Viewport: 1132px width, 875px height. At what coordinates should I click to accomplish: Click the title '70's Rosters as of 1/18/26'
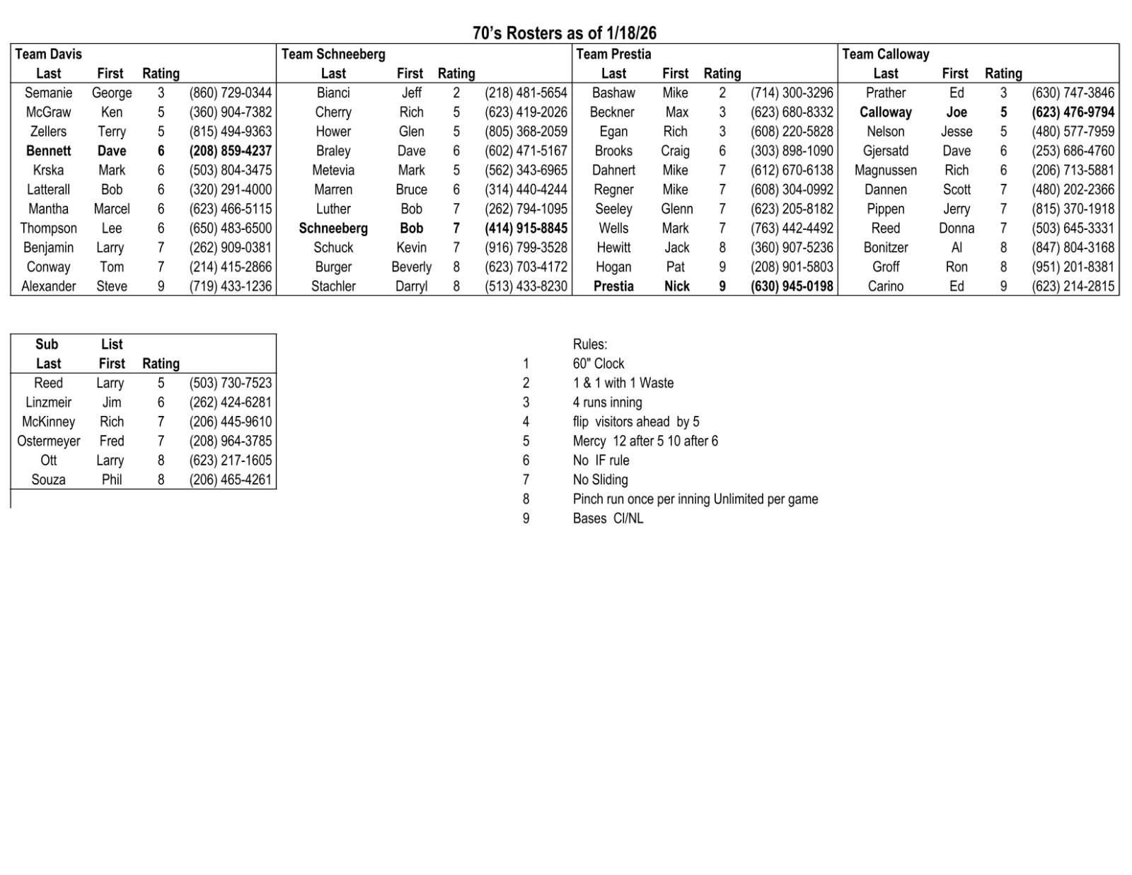565,33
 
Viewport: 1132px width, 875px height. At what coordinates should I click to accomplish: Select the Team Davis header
49,54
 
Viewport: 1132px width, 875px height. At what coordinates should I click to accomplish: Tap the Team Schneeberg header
333,54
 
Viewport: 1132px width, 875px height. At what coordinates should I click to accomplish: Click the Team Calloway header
885,54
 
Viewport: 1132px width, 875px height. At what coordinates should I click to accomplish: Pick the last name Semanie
48,93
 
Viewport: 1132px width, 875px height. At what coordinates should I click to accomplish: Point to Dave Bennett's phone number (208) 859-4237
230,151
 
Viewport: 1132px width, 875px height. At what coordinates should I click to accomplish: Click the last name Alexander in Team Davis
48,286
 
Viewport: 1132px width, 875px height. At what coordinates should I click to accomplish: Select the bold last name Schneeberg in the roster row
333,228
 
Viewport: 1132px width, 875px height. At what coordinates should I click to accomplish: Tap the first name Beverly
411,267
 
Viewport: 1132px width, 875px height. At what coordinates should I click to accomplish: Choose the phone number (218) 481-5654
526,93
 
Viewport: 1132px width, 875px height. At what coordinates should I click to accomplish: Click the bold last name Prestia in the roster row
613,286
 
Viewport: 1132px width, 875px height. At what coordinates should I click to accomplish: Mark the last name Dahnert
613,170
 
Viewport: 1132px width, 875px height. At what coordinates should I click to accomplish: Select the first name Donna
957,228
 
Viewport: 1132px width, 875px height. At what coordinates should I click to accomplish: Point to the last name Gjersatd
885,151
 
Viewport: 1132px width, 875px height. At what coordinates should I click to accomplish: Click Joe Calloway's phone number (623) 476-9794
1073,112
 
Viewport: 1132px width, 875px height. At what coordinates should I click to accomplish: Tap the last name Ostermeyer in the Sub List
48,441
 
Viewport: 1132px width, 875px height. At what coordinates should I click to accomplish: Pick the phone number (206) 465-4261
230,480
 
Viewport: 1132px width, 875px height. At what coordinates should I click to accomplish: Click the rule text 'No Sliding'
600,480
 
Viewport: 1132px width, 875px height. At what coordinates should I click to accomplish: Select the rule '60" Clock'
599,364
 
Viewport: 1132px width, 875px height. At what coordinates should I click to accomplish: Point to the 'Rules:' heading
590,344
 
